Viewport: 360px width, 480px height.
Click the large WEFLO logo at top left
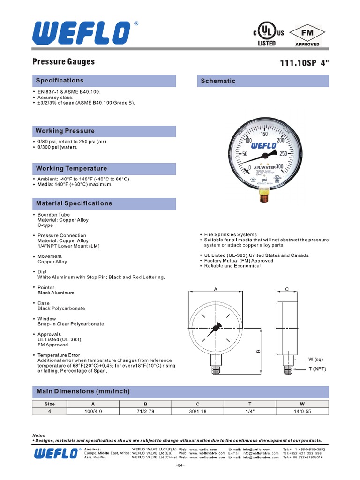(81, 32)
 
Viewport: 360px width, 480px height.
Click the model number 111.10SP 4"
(304, 63)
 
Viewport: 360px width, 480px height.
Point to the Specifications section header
(60, 81)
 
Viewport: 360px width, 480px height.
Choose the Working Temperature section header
(71, 168)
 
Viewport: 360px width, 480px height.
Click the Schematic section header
(218, 81)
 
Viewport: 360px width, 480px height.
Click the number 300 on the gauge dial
(280, 166)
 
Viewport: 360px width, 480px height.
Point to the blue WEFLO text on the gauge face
(264, 145)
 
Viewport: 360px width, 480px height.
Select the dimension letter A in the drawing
(216, 290)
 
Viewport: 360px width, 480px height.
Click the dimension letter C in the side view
(287, 290)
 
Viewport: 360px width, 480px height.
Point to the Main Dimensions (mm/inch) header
(83, 391)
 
